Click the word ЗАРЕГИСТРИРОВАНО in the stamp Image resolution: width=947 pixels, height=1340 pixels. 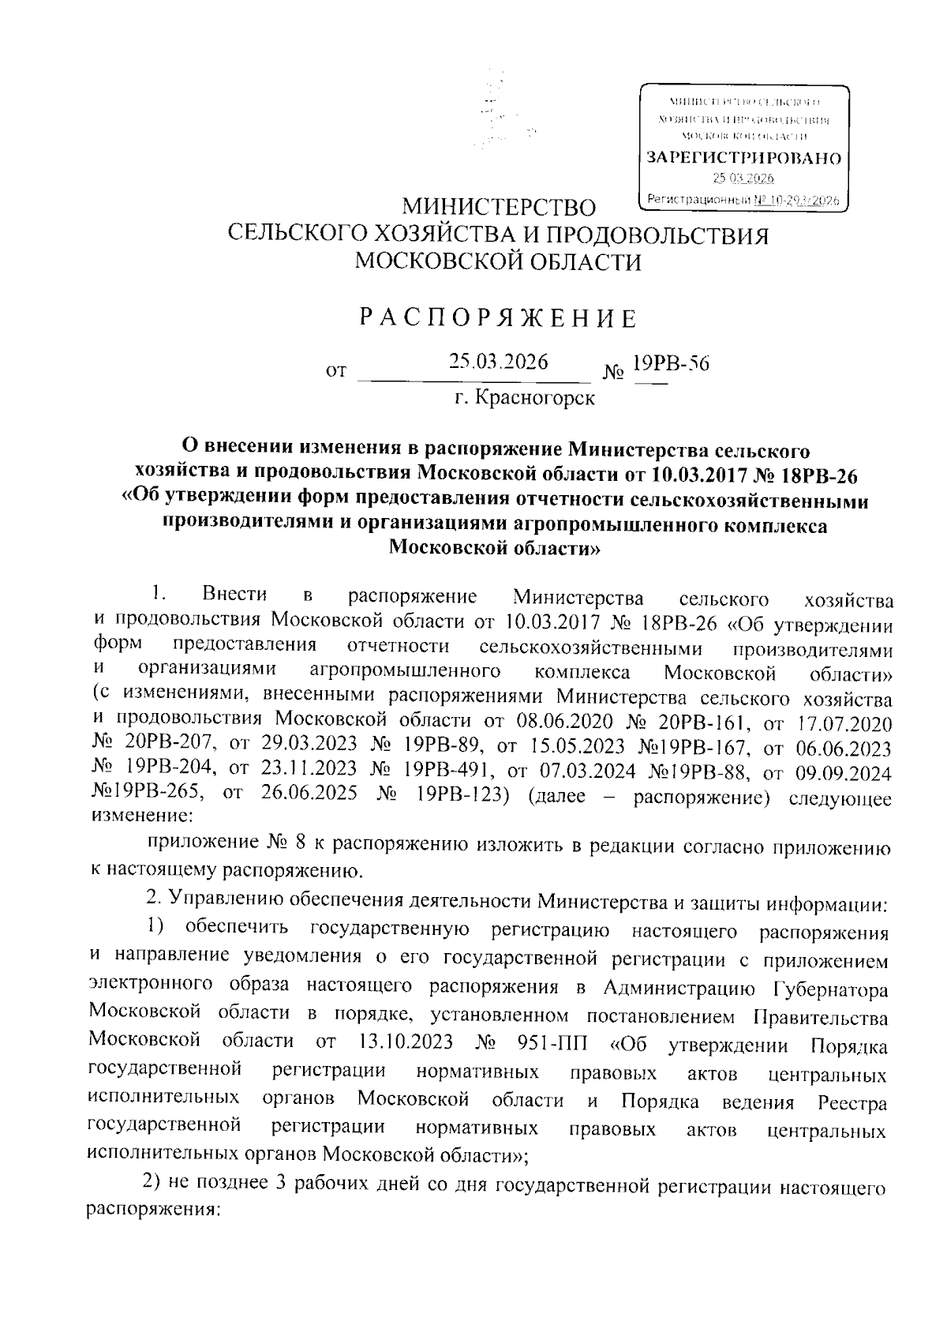click(743, 158)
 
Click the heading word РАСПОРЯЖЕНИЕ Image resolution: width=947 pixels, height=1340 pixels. click(498, 318)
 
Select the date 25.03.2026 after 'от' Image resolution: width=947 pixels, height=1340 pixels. click(498, 362)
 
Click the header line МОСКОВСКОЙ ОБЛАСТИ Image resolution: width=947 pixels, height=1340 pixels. click(498, 261)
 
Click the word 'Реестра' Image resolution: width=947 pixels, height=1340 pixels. click(852, 1102)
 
